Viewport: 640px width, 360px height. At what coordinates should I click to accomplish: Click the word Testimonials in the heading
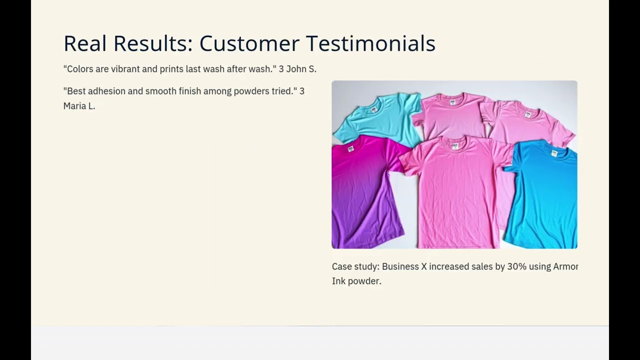click(x=370, y=43)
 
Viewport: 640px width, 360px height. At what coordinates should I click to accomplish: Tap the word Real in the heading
click(x=85, y=43)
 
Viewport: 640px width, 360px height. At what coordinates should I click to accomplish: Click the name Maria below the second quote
click(x=74, y=106)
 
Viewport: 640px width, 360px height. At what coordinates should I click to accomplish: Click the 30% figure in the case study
click(x=516, y=266)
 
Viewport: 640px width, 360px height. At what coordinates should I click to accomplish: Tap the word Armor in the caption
click(x=565, y=266)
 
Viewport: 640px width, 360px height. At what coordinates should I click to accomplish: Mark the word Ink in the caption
click(x=338, y=281)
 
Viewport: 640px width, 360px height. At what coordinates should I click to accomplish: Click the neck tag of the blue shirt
click(x=554, y=153)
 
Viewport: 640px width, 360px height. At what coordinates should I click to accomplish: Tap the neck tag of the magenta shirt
click(x=350, y=148)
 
